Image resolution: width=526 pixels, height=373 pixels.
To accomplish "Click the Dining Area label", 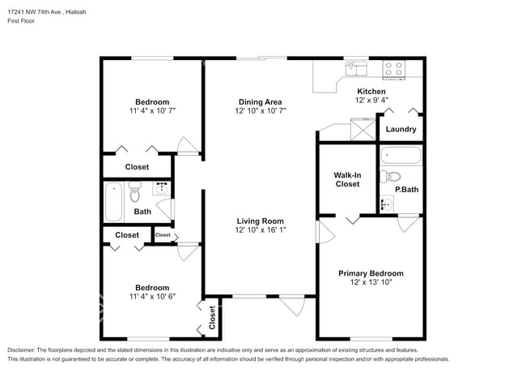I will tap(260, 101).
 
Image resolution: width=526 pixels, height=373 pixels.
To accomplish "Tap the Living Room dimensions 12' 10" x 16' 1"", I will tap(260, 230).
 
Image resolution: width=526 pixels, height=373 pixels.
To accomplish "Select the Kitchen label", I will tap(371, 92).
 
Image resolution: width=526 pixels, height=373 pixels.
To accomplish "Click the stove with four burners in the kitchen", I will tap(393, 70).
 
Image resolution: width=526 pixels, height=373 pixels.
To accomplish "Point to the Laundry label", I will tap(401, 129).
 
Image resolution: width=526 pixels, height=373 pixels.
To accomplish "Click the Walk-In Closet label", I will tap(347, 179).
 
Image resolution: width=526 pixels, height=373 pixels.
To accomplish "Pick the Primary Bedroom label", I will tap(370, 273).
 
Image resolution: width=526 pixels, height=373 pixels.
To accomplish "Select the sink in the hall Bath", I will tap(161, 189).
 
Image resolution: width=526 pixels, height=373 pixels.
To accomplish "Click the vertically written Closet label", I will tap(212, 318).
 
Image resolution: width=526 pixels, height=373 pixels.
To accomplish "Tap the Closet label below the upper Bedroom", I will tap(137, 167).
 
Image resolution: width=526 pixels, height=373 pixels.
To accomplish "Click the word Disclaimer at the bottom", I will tap(25, 349).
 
